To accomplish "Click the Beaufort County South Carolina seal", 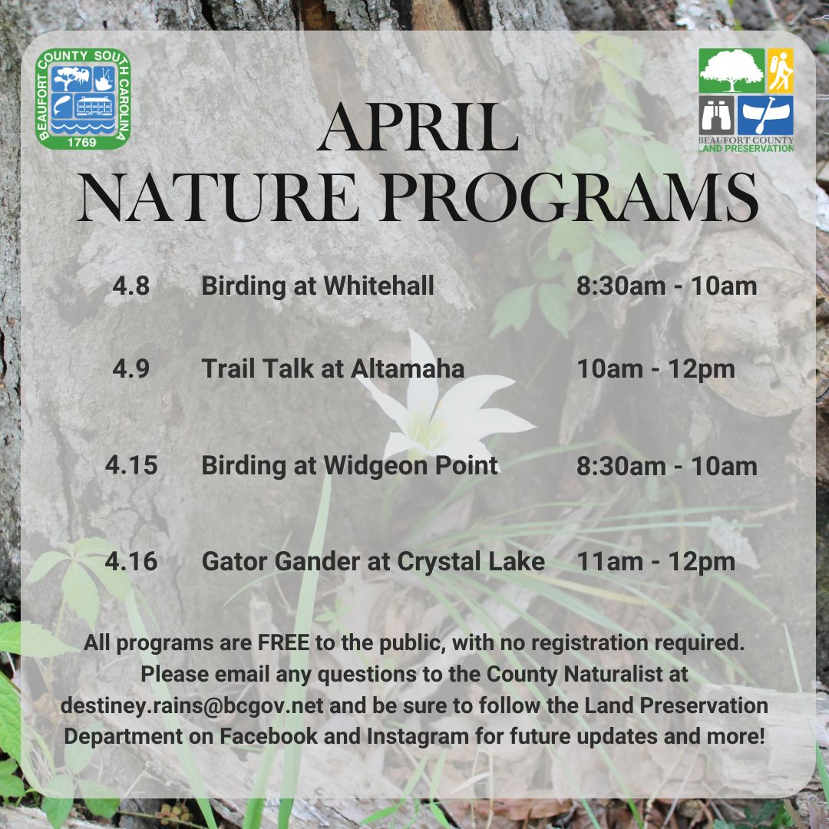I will [84, 98].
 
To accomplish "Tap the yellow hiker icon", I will [781, 71].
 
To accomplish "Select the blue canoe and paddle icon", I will [765, 115].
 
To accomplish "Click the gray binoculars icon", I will [716, 115].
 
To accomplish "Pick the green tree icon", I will [731, 71].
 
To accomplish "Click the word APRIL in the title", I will [418, 128].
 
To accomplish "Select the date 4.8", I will [130, 286].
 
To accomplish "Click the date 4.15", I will [131, 466].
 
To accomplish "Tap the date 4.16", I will [131, 562].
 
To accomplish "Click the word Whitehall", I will [378, 286].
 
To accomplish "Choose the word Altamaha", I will [408, 369].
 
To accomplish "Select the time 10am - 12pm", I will [656, 369].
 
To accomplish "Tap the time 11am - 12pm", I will [656, 562].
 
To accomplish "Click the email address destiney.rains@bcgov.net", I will [192, 705].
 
